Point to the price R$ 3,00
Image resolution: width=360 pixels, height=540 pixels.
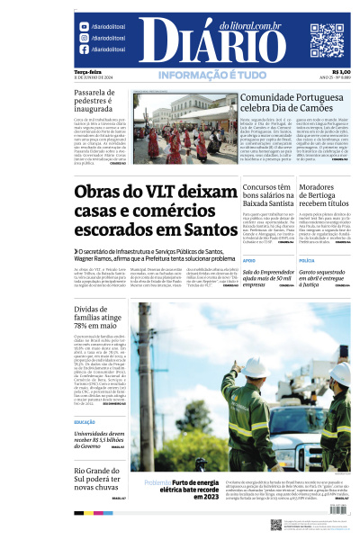click(x=341, y=72)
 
